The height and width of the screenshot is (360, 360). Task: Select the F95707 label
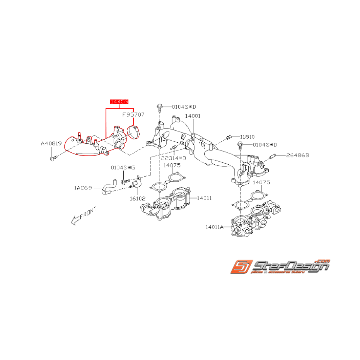click(133, 115)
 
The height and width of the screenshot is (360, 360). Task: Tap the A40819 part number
click(51, 144)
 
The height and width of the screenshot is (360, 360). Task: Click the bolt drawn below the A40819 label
click(53, 158)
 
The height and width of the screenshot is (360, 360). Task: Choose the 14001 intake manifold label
click(193, 116)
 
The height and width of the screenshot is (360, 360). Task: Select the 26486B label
click(297, 155)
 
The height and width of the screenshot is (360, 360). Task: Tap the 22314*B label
click(174, 158)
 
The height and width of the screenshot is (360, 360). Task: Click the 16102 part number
click(138, 198)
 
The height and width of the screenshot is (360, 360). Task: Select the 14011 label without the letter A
click(204, 198)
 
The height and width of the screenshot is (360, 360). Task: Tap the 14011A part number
click(215, 228)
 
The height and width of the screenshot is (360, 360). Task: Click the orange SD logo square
click(240, 267)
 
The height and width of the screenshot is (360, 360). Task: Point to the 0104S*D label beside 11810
click(265, 145)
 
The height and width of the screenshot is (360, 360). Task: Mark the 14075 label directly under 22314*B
click(172, 165)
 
